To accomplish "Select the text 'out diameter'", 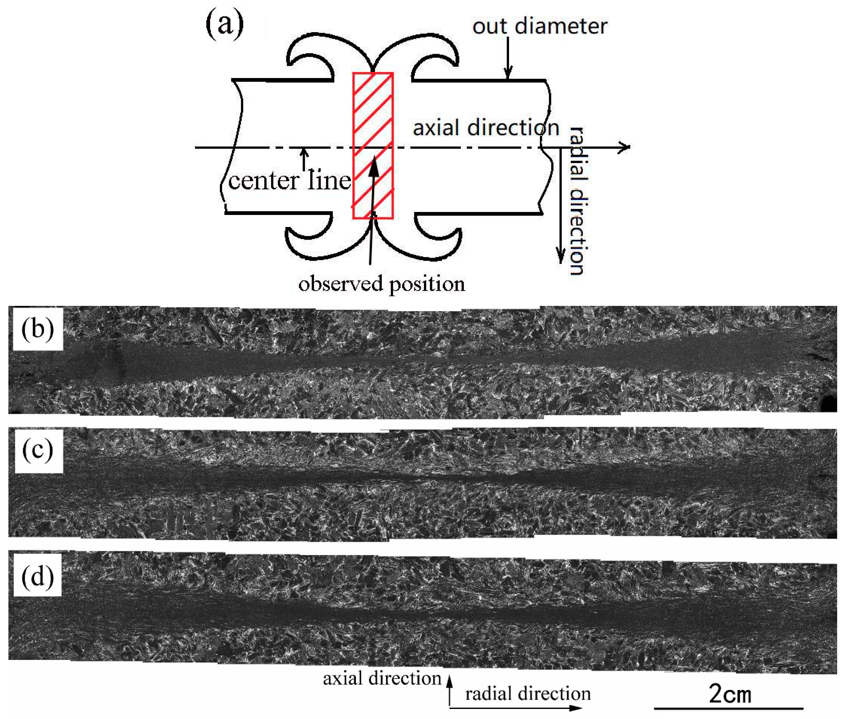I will tap(539, 26).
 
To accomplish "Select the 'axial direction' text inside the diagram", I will tap(485, 128).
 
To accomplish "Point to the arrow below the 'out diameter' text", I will tap(508, 57).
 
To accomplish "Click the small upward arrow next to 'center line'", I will tap(304, 159).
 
